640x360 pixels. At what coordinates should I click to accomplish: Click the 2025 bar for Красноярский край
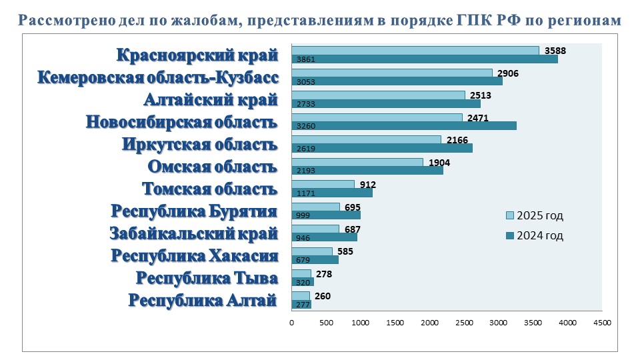415,51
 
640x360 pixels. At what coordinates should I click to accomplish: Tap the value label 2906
508,73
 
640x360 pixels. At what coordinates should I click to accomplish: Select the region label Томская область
210,189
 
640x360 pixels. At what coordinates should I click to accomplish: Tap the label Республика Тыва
207,278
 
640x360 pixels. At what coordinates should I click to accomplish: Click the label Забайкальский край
193,234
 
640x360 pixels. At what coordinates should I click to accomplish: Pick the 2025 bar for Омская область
357,162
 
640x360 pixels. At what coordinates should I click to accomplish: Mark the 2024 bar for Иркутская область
382,148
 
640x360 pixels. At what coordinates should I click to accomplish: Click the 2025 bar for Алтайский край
378,95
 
